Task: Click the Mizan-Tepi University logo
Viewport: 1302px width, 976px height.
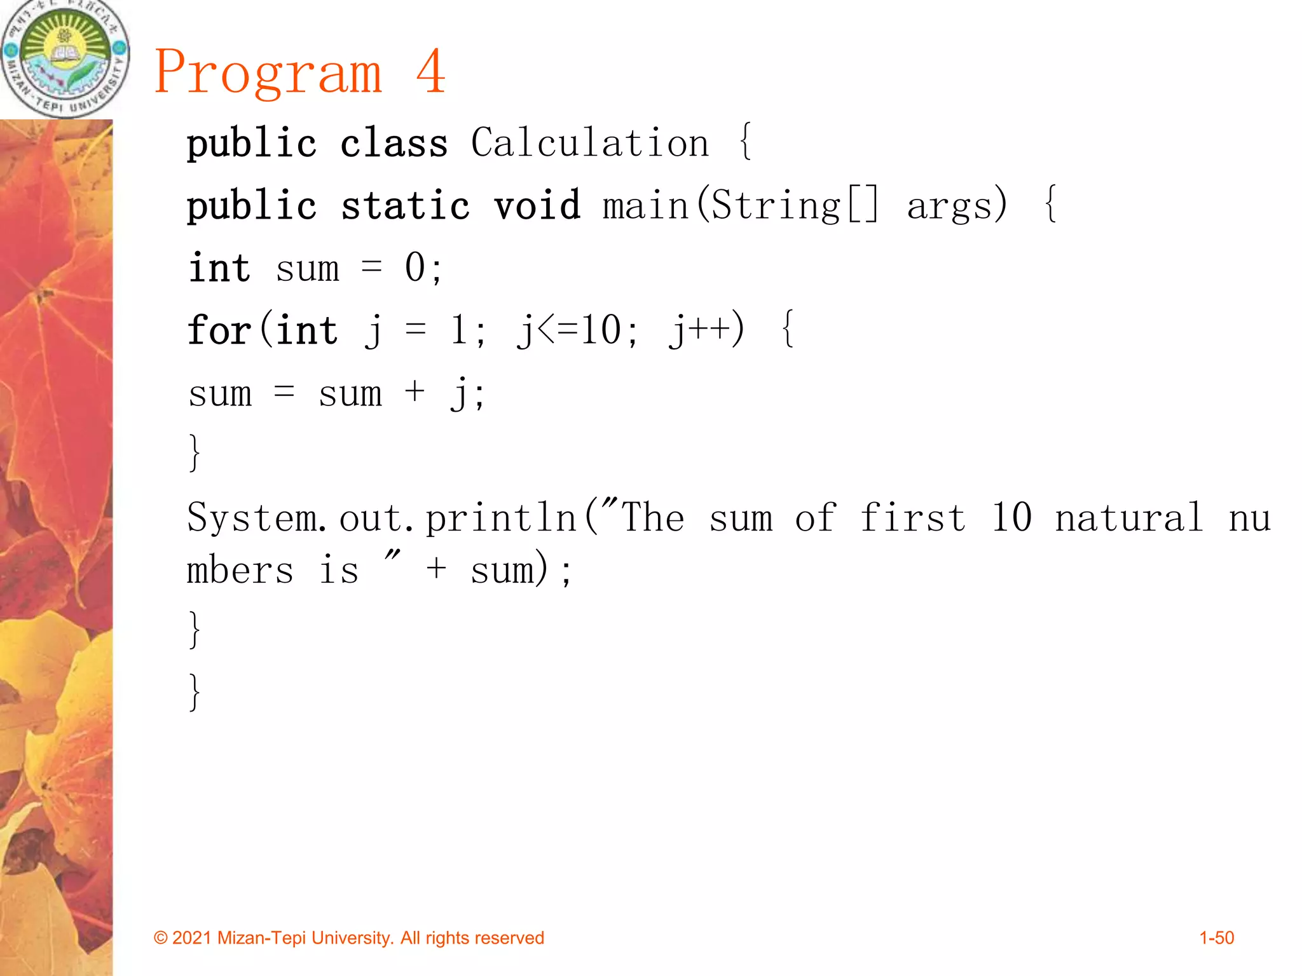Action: pyautogui.click(x=64, y=58)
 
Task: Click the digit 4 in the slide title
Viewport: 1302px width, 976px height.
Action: pyautogui.click(x=431, y=71)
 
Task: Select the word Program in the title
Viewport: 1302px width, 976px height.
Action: pyautogui.click(x=268, y=74)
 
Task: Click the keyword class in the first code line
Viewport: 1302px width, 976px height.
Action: pyautogui.click(x=394, y=144)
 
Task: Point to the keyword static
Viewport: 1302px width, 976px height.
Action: pyautogui.click(x=405, y=206)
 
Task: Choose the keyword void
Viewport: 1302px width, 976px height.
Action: pyautogui.click(x=537, y=206)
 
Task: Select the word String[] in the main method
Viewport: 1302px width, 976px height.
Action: pyautogui.click(x=795, y=206)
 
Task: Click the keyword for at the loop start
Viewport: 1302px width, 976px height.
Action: pyautogui.click(x=219, y=330)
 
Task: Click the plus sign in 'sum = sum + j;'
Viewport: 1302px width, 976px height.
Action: pyautogui.click(x=415, y=391)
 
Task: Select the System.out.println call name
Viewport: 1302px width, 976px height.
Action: pyautogui.click(x=381, y=517)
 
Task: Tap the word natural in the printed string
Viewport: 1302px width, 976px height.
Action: pyautogui.click(x=1129, y=517)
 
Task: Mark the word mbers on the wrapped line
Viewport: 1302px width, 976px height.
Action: pyautogui.click(x=240, y=569)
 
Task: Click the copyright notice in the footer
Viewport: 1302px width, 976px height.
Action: pyautogui.click(x=349, y=938)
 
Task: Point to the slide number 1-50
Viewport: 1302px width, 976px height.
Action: pyautogui.click(x=1216, y=938)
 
